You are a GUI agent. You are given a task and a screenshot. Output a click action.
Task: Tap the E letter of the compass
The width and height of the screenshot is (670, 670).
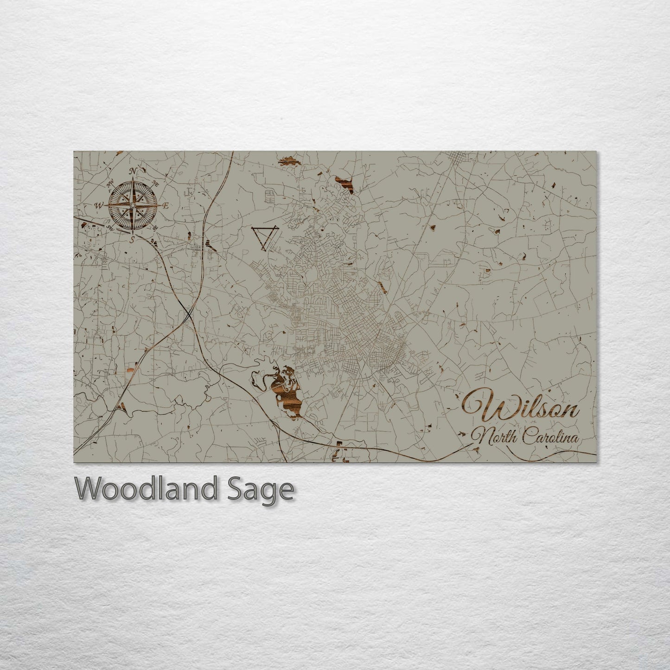tap(166, 205)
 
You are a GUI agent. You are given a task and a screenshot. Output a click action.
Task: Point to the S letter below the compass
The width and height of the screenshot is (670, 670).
tap(132, 239)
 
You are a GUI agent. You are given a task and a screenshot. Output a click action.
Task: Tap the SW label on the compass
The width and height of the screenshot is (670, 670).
tap(110, 227)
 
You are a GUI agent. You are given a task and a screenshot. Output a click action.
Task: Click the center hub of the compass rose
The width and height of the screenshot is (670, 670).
tap(133, 205)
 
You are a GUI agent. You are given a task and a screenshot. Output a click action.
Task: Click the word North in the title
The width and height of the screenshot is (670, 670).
tap(493, 437)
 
